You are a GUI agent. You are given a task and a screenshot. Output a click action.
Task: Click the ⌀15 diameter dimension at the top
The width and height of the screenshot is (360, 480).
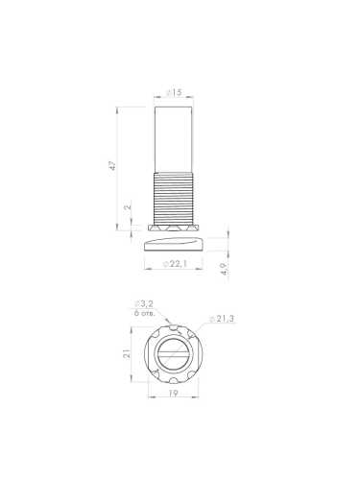pos(174,93)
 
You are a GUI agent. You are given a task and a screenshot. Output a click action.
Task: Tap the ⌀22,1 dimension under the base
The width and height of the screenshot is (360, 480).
pos(175,263)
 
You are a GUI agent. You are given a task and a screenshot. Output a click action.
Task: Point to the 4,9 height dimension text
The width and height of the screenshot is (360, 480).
pos(223,270)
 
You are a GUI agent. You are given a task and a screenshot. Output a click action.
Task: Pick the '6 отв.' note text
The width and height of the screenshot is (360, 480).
pos(145,314)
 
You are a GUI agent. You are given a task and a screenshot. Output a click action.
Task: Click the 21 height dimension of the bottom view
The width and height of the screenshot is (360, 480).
pos(126,353)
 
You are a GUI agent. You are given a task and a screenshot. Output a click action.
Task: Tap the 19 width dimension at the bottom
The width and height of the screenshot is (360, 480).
pos(173,395)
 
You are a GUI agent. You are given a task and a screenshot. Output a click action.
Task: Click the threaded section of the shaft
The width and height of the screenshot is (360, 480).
pos(175,196)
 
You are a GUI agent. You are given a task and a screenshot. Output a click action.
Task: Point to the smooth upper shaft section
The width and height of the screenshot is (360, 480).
pos(175,134)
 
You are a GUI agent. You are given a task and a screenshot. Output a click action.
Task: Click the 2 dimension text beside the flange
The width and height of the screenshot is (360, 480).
pos(128,208)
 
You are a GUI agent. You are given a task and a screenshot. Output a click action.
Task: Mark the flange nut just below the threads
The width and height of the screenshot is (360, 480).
pos(175,229)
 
